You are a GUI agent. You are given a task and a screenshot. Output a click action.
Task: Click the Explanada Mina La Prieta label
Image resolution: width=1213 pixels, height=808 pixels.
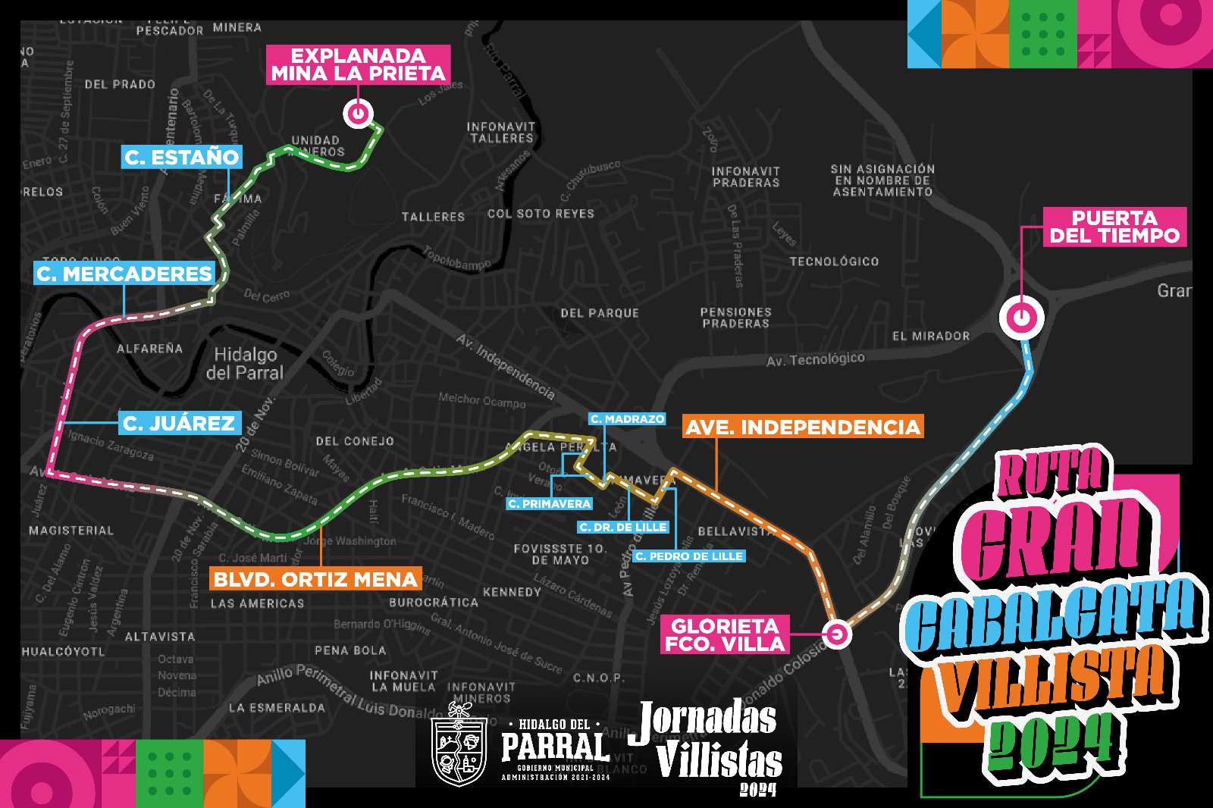point(359,64)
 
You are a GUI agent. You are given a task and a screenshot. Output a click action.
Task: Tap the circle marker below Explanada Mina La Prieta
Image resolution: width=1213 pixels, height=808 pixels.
point(358,114)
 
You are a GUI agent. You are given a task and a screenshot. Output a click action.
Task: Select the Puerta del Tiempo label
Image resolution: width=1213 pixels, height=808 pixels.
point(1114,227)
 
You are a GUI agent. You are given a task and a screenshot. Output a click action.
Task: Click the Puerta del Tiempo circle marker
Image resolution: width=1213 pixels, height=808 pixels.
point(1021,317)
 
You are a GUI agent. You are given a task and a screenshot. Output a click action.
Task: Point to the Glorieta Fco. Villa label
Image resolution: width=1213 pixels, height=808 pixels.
point(725,634)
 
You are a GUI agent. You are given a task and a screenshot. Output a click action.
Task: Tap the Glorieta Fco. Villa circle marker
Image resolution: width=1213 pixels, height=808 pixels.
point(837,634)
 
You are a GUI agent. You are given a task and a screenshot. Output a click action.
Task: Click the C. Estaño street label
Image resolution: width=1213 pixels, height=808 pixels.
point(182,158)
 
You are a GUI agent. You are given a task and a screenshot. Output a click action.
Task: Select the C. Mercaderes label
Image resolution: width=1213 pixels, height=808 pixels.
point(124,274)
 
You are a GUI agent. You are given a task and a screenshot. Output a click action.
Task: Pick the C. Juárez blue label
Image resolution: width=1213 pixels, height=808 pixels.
point(179,423)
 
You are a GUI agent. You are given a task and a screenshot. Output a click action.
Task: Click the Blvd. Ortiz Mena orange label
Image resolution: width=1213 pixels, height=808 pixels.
point(315,580)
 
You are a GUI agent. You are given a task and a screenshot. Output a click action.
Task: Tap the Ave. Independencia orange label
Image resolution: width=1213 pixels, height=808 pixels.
point(802,427)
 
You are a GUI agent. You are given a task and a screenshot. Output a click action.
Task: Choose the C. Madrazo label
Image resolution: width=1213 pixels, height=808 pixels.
point(627,419)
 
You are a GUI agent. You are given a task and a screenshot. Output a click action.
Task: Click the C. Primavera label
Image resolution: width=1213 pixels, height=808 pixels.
point(550,504)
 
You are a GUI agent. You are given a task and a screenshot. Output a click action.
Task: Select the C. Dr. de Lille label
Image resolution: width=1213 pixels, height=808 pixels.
point(622,528)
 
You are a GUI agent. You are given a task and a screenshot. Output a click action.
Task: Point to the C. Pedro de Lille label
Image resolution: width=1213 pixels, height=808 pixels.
point(688,556)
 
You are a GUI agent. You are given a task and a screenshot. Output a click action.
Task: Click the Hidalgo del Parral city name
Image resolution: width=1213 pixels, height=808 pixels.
point(245,364)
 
